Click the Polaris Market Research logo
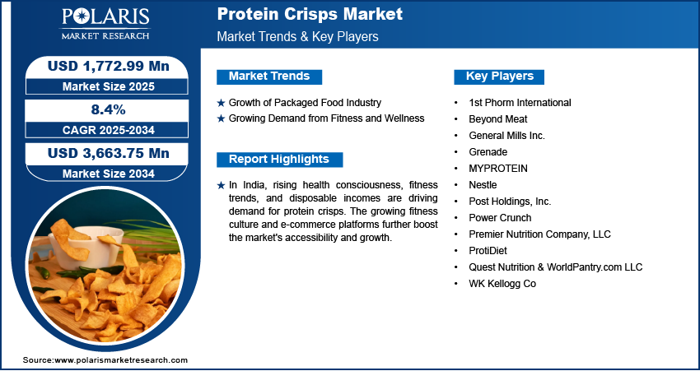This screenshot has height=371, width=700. point(105,24)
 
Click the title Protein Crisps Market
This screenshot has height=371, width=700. point(310,14)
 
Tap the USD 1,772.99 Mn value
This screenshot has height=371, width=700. point(109,66)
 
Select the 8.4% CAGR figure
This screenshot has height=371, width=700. point(108,109)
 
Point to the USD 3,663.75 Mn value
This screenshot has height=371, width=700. point(109,153)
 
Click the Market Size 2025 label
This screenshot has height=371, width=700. point(109,86)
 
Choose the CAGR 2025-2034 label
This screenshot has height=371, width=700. point(109,130)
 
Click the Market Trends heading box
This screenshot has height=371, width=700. point(269,77)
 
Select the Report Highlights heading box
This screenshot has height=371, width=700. point(279,160)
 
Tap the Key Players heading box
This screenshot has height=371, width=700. point(499,77)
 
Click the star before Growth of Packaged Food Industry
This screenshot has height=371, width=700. point(221,103)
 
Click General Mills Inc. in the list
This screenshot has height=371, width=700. point(506,136)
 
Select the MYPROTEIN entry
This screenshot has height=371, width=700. point(497,169)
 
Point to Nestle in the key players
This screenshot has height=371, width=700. point(483,184)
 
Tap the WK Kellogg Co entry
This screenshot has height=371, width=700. point(502,284)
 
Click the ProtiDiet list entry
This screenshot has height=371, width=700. point(488,251)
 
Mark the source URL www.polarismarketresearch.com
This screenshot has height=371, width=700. point(121,360)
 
